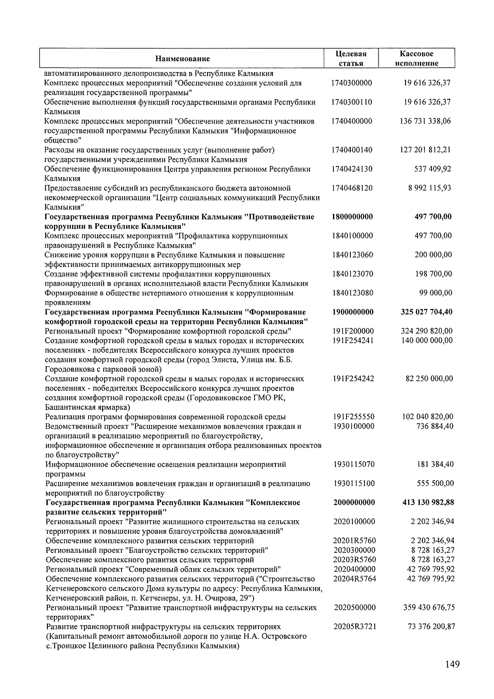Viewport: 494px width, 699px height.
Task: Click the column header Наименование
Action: coord(182,59)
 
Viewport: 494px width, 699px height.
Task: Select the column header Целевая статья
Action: coord(351,58)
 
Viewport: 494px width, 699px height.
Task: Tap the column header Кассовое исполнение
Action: coord(417,58)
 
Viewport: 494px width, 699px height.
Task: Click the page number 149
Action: coord(452,664)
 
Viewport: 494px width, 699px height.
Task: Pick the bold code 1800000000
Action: coord(352,217)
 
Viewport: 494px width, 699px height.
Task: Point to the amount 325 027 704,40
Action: coord(426,312)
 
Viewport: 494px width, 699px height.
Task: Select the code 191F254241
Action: coord(354,341)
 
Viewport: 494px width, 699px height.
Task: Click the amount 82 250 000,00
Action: coord(429,379)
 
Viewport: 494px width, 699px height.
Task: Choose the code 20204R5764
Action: coord(354,579)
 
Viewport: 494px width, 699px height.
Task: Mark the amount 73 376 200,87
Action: coord(430,627)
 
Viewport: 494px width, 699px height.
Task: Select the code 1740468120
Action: coord(352,188)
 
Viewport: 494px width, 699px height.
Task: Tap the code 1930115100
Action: coord(354,484)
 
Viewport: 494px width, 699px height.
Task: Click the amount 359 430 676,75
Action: coord(428,608)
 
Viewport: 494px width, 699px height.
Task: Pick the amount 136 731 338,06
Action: coord(425,121)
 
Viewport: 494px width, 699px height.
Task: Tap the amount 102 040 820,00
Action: coord(428,417)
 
